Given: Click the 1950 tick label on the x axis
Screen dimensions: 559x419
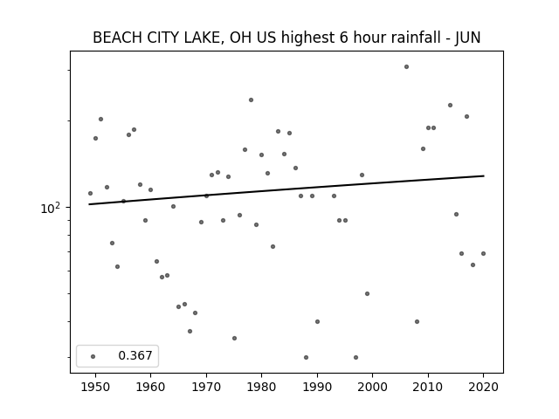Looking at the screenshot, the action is coord(95,387).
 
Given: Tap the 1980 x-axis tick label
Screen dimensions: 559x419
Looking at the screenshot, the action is coord(261,387).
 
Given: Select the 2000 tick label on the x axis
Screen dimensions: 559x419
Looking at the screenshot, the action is coord(373,387).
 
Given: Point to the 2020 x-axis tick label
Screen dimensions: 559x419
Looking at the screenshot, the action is coord(483,387).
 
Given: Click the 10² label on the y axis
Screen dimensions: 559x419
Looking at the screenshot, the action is coord(51,208).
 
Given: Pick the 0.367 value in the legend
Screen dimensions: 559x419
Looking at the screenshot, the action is coord(135,355).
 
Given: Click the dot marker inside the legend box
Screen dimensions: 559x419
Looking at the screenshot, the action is coord(93,356).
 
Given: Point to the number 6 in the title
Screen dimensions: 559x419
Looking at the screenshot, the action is coord(343,38).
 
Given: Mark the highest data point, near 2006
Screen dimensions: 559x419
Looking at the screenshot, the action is coord(406,66).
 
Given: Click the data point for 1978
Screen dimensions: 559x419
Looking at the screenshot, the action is coord(251,100).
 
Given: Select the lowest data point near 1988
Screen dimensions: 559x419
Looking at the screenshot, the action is coord(306,357).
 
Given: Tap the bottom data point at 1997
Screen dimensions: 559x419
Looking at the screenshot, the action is coord(355,357).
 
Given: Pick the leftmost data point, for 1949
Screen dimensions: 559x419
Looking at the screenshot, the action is coord(90,193).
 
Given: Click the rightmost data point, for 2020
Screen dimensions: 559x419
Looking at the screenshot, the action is coord(483,253).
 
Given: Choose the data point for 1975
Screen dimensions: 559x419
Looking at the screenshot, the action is coord(234,338).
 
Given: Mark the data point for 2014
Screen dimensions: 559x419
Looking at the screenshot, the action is coord(451,105).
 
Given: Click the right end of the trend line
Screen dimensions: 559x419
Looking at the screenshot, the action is coord(484,175).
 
